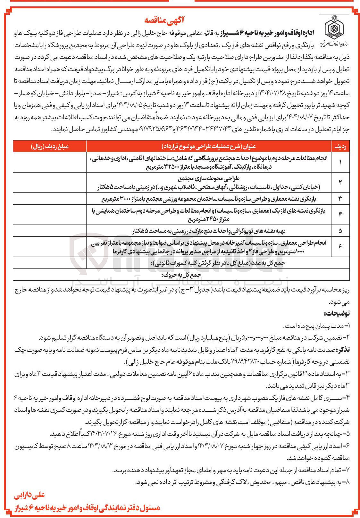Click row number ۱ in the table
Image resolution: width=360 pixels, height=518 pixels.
(x=340, y=162)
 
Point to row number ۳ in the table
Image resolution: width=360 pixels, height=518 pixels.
(x=340, y=199)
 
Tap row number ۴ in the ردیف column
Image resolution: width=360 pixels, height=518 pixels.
(x=340, y=215)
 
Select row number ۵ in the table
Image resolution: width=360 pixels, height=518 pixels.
(x=340, y=231)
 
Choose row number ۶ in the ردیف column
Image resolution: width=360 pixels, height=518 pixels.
(x=340, y=246)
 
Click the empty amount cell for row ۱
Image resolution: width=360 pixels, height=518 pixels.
(x=50, y=162)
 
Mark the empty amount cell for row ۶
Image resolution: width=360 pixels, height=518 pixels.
(x=50, y=246)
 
